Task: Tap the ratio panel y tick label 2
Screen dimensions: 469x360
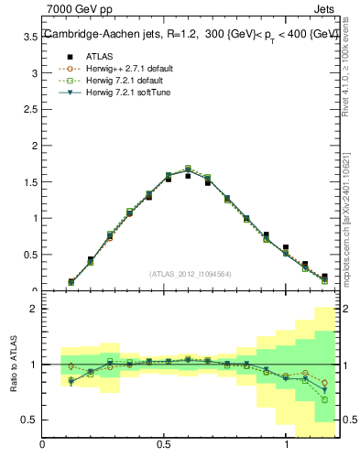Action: pos(33,310)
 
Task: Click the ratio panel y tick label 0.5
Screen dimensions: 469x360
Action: pos(30,420)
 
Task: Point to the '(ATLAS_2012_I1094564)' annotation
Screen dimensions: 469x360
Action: pos(191,273)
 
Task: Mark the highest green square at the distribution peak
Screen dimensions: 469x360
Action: pos(188,169)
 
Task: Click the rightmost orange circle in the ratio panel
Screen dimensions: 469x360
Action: pos(324,383)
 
